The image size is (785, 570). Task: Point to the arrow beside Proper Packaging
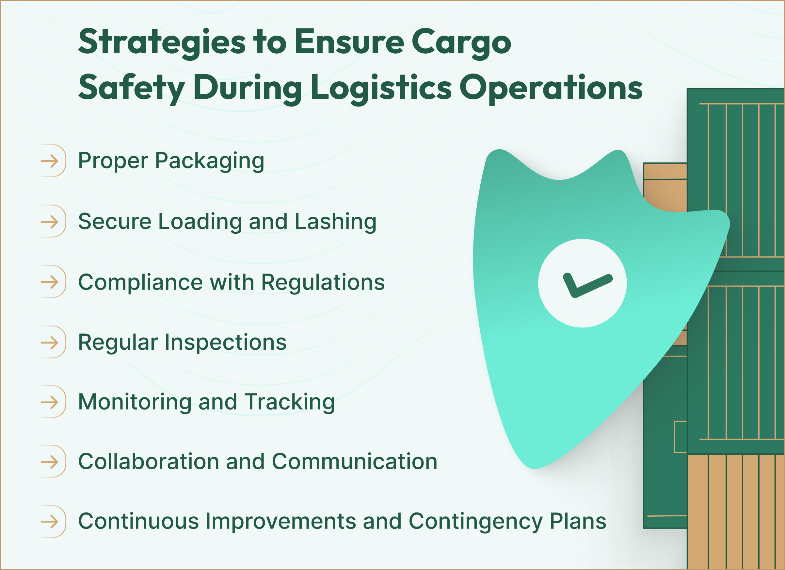click(50, 161)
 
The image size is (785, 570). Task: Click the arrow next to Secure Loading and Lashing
click(50, 222)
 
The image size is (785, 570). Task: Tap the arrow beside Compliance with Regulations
click(50, 282)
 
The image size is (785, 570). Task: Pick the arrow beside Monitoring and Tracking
click(50, 402)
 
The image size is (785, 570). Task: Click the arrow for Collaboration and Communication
click(50, 462)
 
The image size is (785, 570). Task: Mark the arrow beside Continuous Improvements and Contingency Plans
click(50, 522)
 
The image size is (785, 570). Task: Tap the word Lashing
click(335, 222)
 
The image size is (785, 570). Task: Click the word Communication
click(354, 462)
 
